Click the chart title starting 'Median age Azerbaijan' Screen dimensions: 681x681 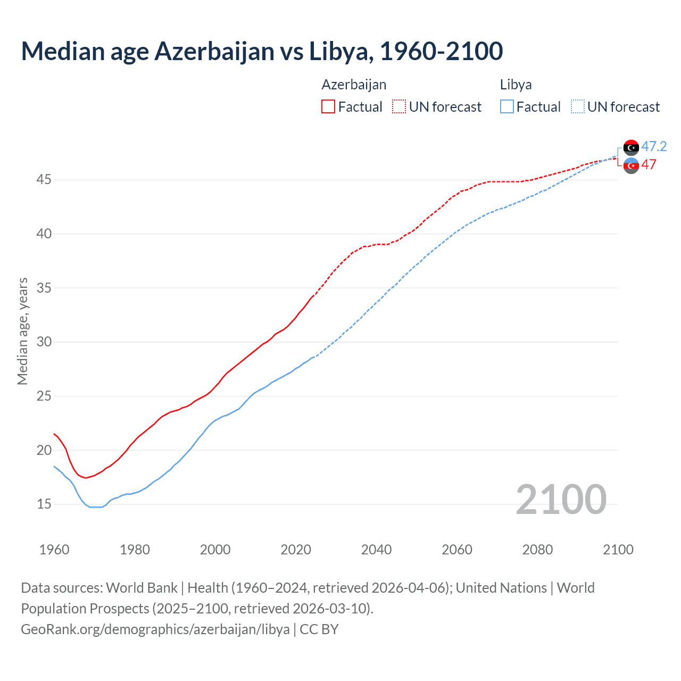[262, 51]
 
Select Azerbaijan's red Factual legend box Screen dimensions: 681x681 [328, 107]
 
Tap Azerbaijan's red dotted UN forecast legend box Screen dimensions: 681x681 [399, 107]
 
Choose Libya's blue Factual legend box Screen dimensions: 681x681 [507, 107]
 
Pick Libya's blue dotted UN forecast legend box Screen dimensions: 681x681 [578, 107]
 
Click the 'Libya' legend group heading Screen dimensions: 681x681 [516, 85]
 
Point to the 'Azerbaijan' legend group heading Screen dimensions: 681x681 [354, 85]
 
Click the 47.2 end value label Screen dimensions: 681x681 [654, 146]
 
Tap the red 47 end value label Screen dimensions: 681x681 [649, 164]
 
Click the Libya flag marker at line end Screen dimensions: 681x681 [631, 147]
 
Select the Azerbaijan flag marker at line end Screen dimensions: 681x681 [631, 165]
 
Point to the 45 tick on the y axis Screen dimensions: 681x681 [44, 180]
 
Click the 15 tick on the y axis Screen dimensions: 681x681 [44, 504]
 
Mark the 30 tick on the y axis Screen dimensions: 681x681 [44, 342]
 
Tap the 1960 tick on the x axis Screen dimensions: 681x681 [54, 550]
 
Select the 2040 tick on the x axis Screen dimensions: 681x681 [376, 550]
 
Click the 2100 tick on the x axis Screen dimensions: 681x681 [618, 550]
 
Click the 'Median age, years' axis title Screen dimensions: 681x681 [22, 331]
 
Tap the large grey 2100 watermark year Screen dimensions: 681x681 [561, 499]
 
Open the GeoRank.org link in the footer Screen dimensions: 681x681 [155, 629]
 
